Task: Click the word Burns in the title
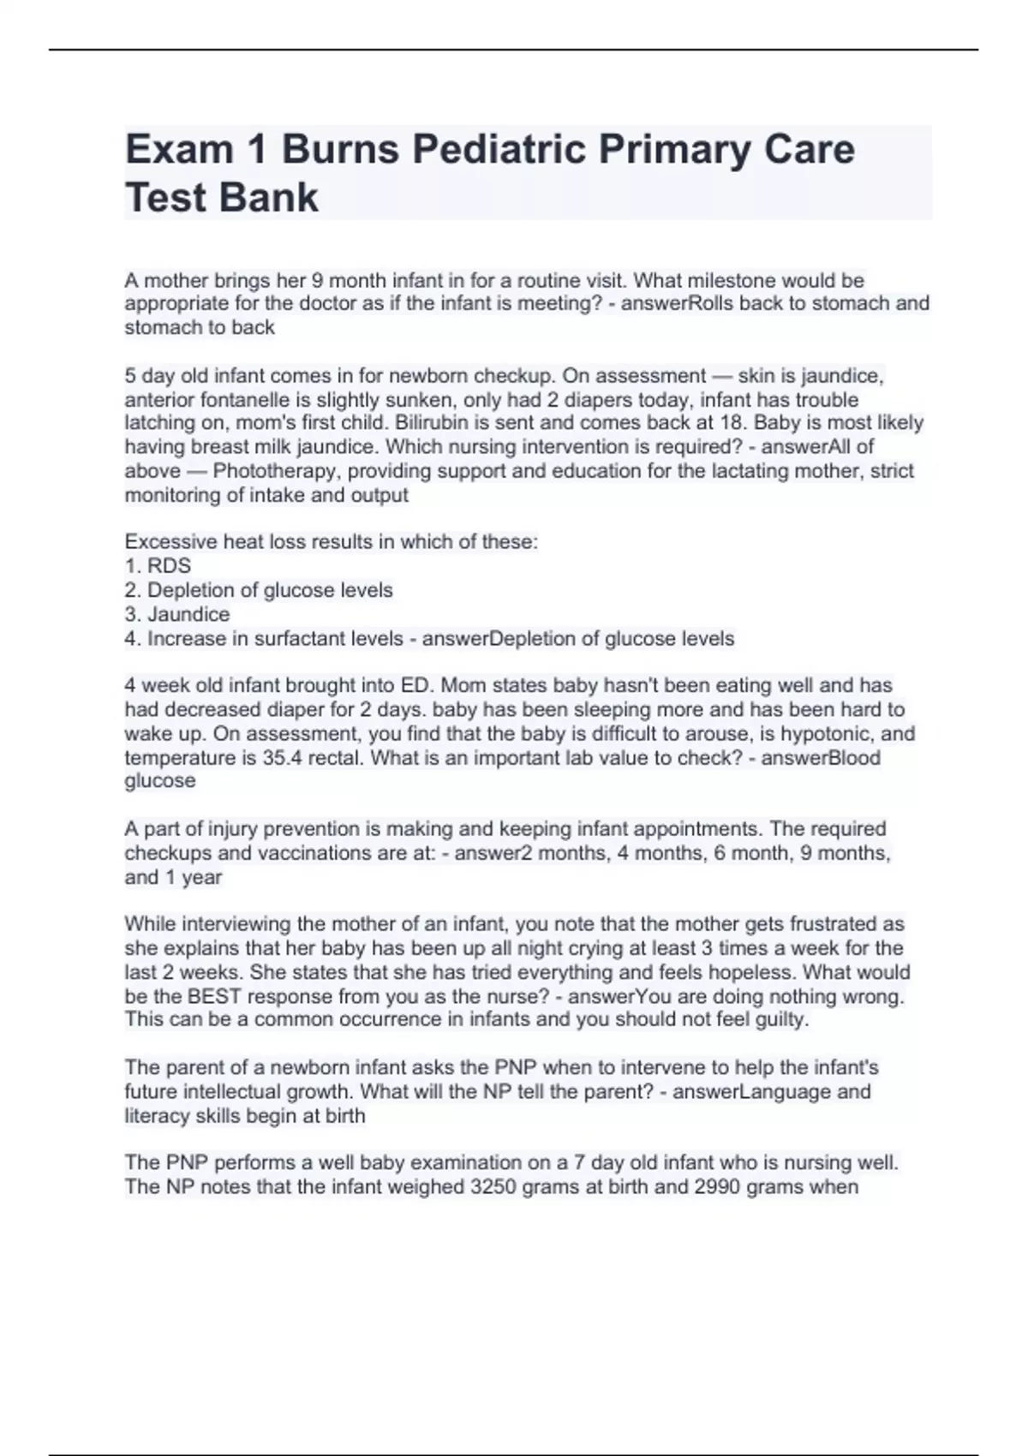[340, 149]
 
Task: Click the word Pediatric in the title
[499, 149]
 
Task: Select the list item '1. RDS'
[158, 566]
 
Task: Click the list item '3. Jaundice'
[177, 614]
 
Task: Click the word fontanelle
[242, 400]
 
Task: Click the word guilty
[778, 1020]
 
